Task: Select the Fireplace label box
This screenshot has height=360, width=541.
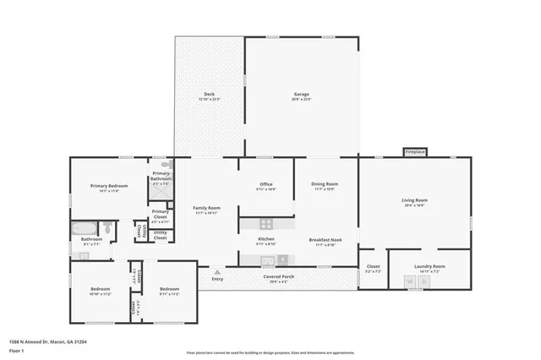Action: click(414, 152)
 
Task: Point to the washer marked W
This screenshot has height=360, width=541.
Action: click(410, 281)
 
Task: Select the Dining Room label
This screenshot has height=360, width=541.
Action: click(325, 186)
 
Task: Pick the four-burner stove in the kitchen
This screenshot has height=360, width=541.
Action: click(266, 224)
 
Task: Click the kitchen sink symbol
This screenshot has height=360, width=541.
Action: click(266, 260)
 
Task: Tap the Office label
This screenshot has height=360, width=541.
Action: click(266, 186)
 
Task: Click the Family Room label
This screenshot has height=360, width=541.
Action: click(206, 210)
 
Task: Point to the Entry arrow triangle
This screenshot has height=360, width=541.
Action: click(217, 272)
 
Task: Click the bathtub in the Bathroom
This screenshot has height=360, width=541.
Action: click(84, 228)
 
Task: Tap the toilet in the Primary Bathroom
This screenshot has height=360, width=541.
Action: click(166, 166)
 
